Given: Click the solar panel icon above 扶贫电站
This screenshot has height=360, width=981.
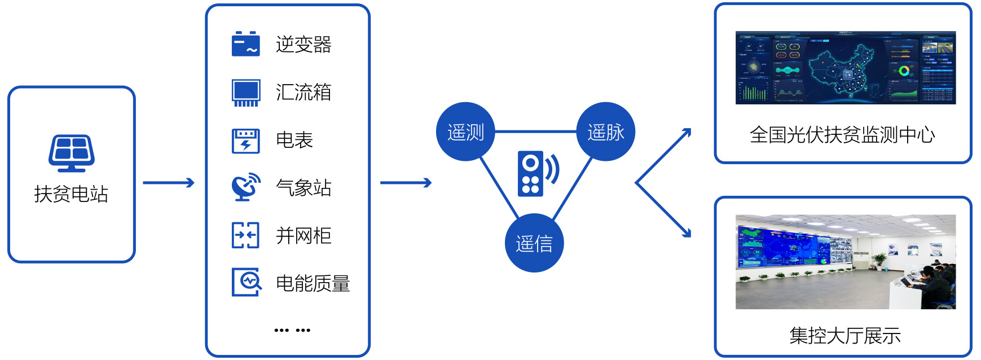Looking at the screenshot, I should [x=71, y=153].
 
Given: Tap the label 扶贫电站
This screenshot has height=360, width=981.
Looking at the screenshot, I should [x=71, y=194].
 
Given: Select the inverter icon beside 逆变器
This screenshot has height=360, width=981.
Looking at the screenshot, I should [x=246, y=44].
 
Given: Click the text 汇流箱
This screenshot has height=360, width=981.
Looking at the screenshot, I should [x=303, y=92].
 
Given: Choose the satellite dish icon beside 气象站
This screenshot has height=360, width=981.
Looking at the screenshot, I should [x=246, y=187].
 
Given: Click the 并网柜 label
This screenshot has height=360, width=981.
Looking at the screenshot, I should [x=303, y=236].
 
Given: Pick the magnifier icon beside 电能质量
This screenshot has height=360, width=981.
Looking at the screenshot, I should [x=247, y=282].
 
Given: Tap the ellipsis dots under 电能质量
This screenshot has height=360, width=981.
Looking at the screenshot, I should [x=292, y=330].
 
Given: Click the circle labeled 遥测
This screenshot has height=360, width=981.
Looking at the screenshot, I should [x=465, y=132].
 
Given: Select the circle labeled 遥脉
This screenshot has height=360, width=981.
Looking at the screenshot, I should [x=606, y=132].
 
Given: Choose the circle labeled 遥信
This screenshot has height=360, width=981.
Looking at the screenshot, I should [x=534, y=243].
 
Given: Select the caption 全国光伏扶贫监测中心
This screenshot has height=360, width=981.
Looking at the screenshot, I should [x=843, y=135].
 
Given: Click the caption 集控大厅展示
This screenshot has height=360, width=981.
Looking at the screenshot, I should [x=844, y=336].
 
